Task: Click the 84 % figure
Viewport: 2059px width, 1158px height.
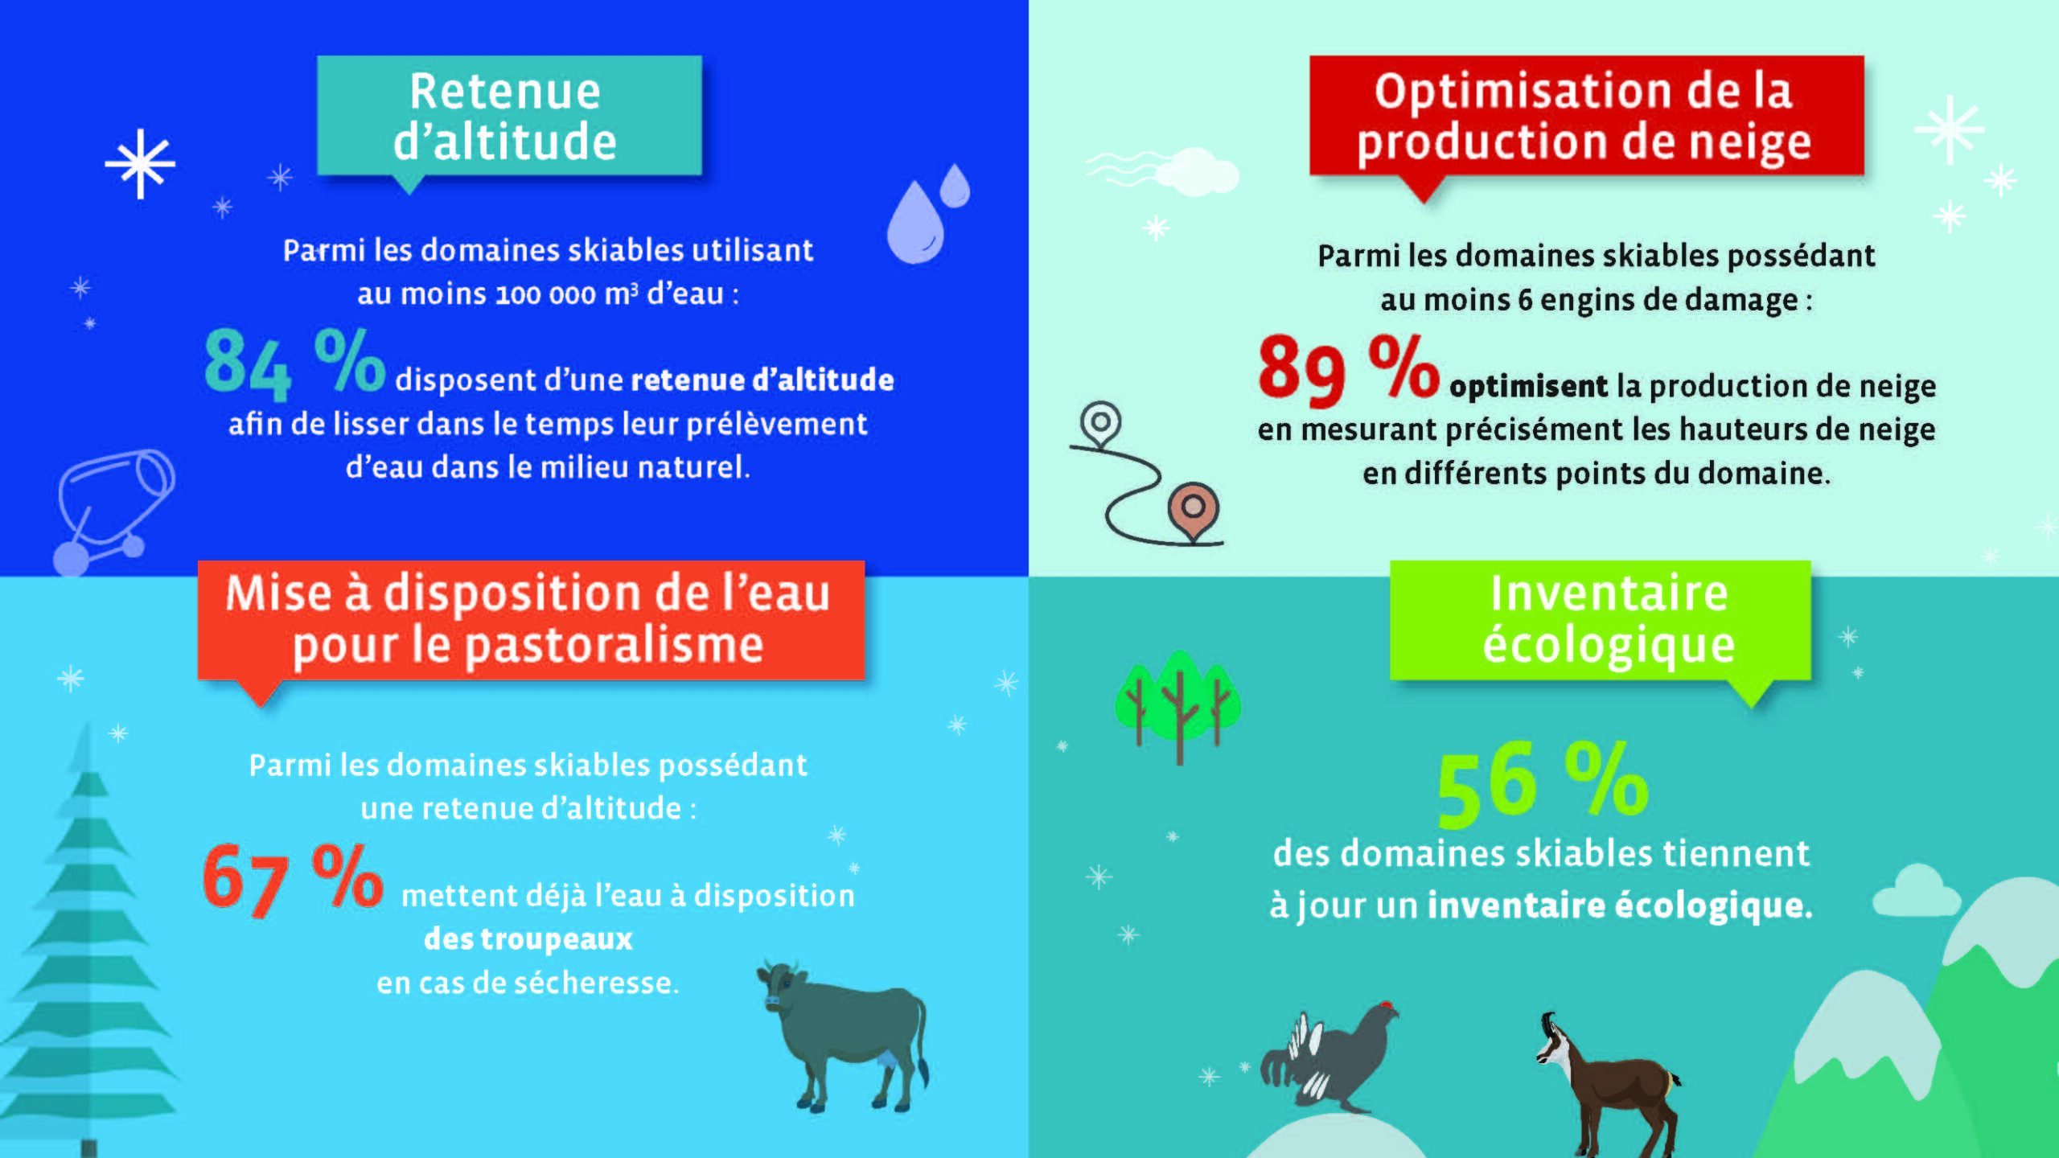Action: pos(294,364)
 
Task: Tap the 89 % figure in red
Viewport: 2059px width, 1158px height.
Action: pos(1349,370)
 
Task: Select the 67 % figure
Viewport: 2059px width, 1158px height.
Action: pos(293,880)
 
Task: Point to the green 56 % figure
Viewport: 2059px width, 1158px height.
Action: pos(1543,784)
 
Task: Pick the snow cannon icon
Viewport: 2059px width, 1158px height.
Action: pos(113,511)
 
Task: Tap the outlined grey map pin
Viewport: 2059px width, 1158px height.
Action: pos(1099,424)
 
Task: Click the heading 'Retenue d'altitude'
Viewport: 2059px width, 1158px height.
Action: pos(505,116)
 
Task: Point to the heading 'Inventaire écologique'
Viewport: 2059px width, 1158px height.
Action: pos(1608,619)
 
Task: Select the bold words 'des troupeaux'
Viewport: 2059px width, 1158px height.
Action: pos(528,939)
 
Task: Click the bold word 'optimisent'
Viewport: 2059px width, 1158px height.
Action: pos(1528,387)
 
